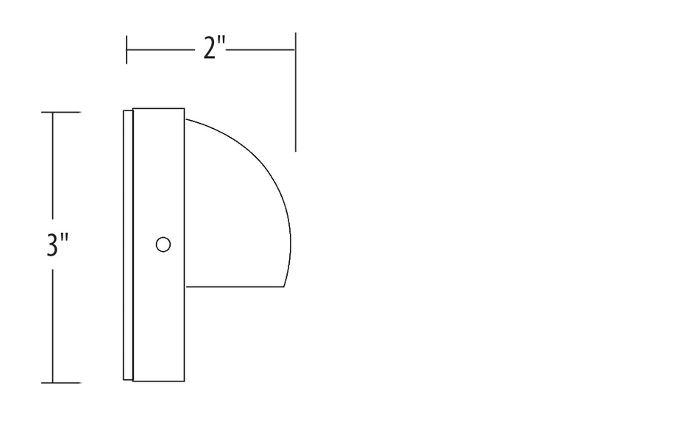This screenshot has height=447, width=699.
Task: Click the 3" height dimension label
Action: (x=57, y=245)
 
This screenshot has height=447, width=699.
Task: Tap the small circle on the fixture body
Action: (x=163, y=244)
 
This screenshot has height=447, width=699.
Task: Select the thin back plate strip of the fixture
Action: (x=128, y=245)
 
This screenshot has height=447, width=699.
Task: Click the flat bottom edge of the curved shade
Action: (x=235, y=286)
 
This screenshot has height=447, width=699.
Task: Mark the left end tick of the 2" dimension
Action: (x=127, y=49)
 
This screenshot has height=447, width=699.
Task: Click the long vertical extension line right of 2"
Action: (x=295, y=92)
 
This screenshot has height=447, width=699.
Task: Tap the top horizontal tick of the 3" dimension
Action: (x=61, y=113)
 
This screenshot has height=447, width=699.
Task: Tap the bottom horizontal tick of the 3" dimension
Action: (x=61, y=383)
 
